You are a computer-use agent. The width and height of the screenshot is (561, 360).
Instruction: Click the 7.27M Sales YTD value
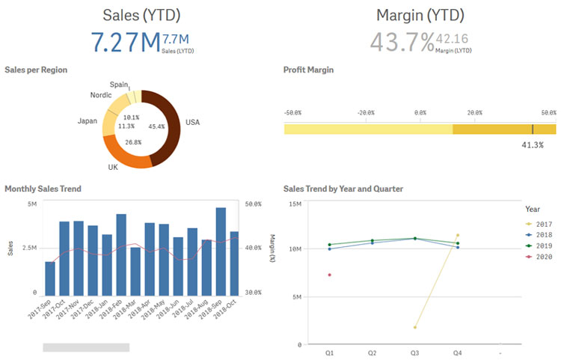coord(126,43)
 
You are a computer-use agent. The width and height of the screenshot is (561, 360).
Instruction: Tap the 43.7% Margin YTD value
coord(402,43)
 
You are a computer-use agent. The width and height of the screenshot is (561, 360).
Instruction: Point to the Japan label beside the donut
coord(88,120)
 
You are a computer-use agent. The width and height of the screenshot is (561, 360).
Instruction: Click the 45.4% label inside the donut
coord(157,126)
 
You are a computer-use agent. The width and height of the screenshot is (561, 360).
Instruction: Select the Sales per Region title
coord(36,70)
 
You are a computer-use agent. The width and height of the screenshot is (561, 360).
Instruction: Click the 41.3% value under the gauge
coord(532,144)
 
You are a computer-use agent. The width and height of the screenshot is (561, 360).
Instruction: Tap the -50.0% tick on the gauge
coord(292,112)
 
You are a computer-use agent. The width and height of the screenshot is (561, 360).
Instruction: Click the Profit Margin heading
coord(308,70)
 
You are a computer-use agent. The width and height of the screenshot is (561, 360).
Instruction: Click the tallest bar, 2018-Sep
coord(221,251)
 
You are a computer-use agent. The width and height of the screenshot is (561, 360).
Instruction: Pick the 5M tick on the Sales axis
coord(31,204)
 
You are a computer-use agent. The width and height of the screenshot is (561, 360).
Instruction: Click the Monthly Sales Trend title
coord(43,189)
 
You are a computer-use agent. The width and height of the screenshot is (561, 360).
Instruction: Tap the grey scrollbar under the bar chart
coord(86,347)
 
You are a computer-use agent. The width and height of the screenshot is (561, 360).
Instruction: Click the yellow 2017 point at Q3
coord(415,327)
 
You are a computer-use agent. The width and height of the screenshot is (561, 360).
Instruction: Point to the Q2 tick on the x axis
coord(372,352)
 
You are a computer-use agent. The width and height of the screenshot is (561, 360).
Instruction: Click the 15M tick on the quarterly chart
coord(295,204)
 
